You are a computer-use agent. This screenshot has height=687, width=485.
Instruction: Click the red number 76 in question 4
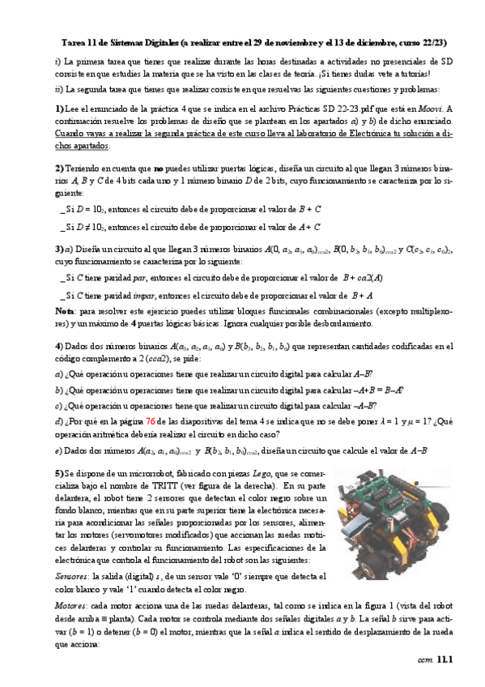[196, 422]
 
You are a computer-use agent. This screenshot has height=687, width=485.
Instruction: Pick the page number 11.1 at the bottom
[445, 660]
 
